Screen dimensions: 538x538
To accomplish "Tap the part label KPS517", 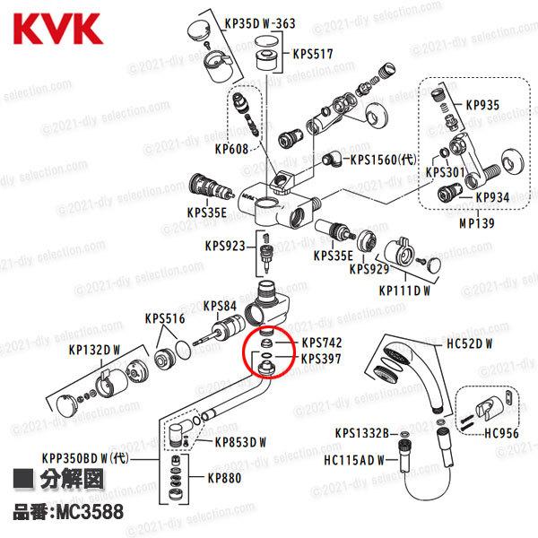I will (x=313, y=54).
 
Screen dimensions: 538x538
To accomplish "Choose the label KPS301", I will (x=445, y=170).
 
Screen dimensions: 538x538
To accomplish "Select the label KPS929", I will (x=369, y=268).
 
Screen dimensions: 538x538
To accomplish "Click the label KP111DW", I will (x=404, y=290).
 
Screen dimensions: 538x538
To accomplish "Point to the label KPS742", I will (x=321, y=343).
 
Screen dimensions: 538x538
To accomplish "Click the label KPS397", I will (x=321, y=359).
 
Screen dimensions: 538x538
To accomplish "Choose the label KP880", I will (x=223, y=478).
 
